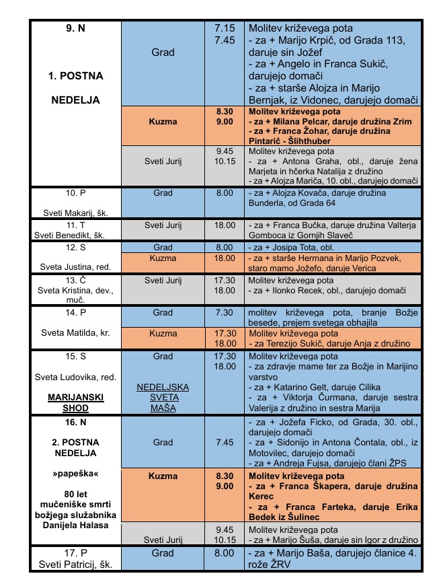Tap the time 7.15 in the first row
[x=225, y=29]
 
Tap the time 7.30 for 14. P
[x=225, y=313]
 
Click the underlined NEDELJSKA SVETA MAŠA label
[x=163, y=398]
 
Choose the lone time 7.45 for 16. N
[x=225, y=442]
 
